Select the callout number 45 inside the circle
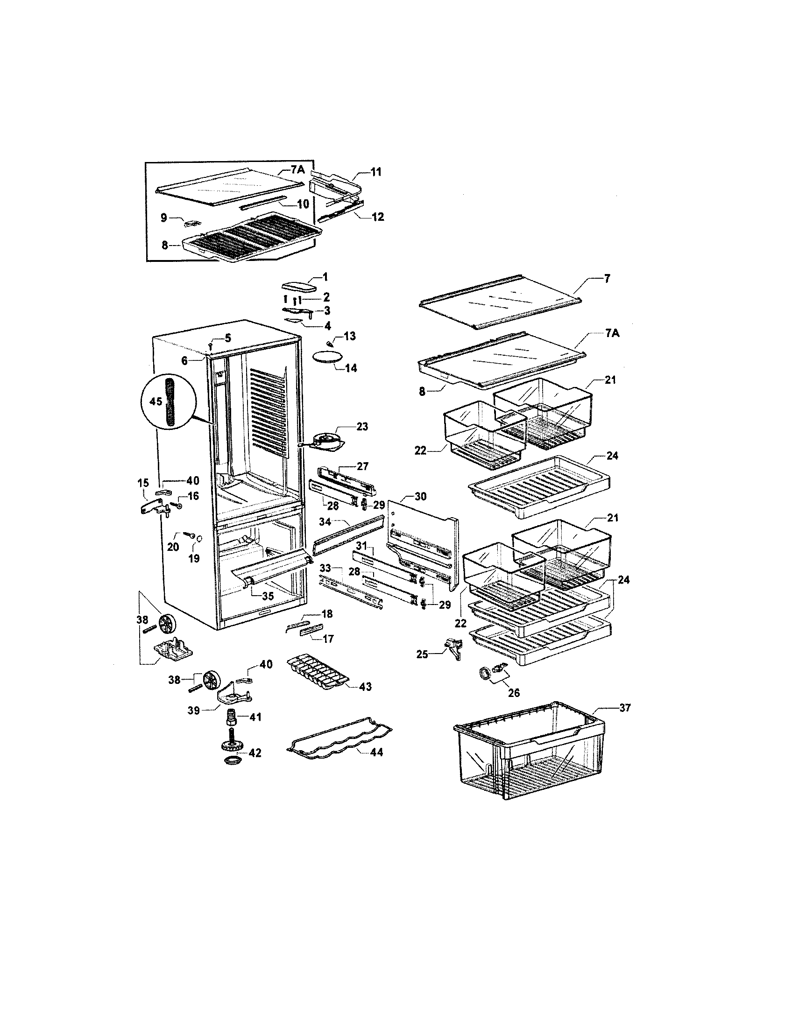click(156, 401)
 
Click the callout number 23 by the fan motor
click(362, 427)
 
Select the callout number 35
click(268, 596)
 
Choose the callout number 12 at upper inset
click(377, 217)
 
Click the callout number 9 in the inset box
click(163, 217)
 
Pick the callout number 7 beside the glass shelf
click(607, 279)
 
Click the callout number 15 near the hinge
click(143, 483)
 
